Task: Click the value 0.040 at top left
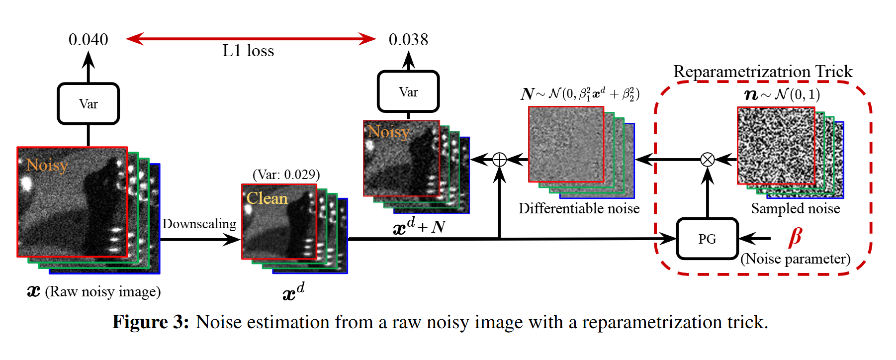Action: pyautogui.click(x=88, y=40)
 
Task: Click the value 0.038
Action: pyautogui.click(x=408, y=40)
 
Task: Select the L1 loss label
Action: pyautogui.click(x=248, y=51)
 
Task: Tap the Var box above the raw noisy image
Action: pyautogui.click(x=89, y=103)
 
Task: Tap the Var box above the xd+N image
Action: pyautogui.click(x=408, y=92)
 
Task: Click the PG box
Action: pyautogui.click(x=707, y=239)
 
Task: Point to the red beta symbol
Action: pyautogui.click(x=795, y=237)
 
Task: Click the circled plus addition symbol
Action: pyautogui.click(x=499, y=160)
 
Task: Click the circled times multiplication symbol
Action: pyautogui.click(x=707, y=160)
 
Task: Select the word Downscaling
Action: pyautogui.click(x=199, y=224)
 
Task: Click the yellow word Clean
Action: pyautogui.click(x=267, y=198)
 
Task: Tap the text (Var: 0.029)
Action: pyautogui.click(x=286, y=175)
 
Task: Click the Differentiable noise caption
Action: pyautogui.click(x=579, y=208)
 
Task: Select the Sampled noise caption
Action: pyautogui.click(x=795, y=208)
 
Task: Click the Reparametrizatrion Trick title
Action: pyautogui.click(x=763, y=72)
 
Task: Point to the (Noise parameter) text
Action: pyautogui.click(x=795, y=259)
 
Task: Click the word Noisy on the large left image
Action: pyautogui.click(x=47, y=165)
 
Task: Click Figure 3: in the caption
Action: pyautogui.click(x=151, y=322)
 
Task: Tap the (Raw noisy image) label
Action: pyautogui.click(x=103, y=291)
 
